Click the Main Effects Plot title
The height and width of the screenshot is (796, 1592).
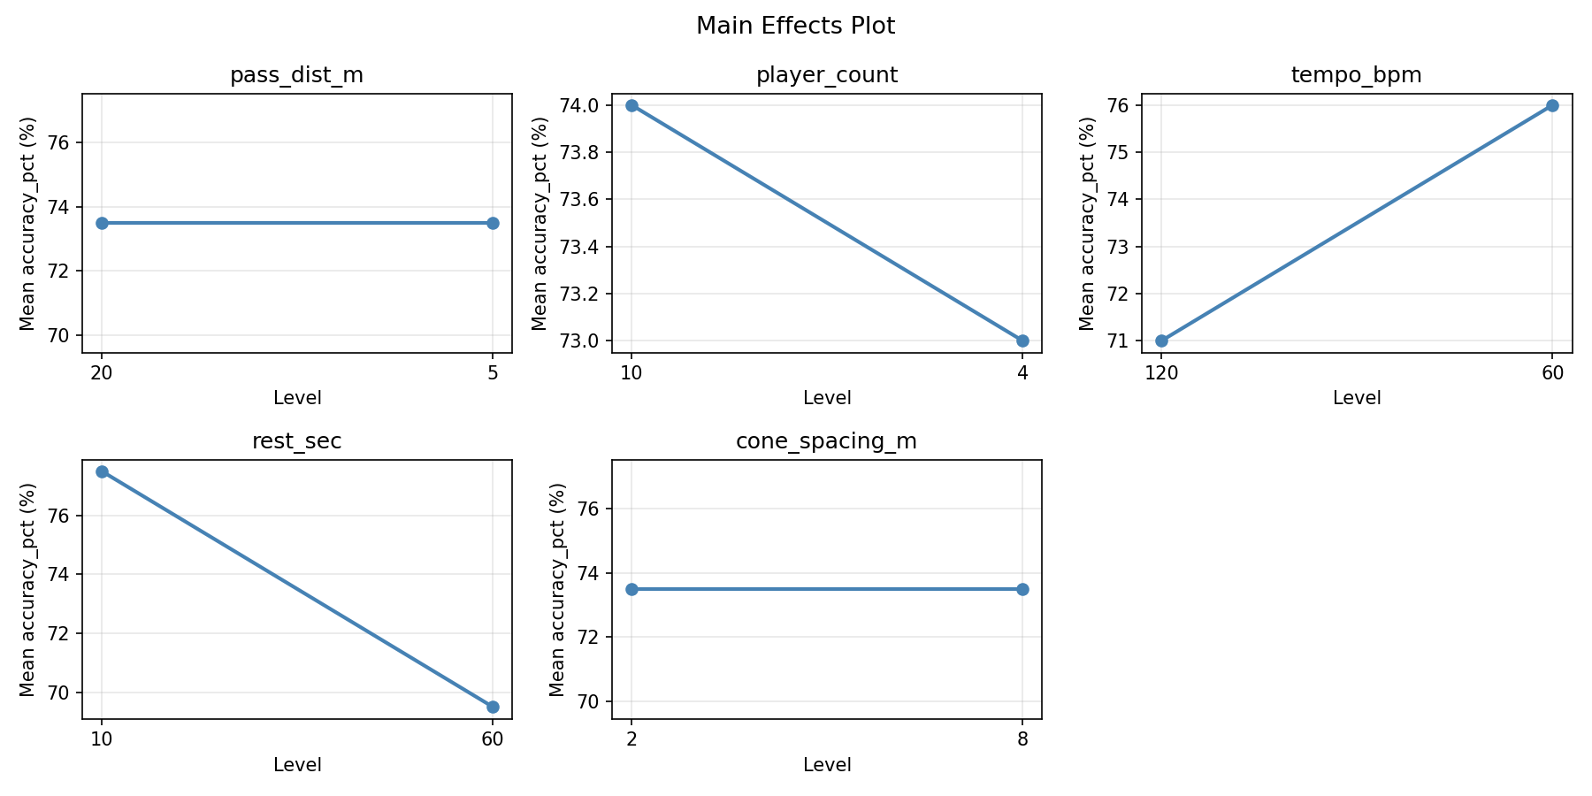coord(795,27)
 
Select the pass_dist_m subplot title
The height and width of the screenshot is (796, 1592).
coord(296,75)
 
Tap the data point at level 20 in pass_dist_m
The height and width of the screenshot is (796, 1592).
coord(102,223)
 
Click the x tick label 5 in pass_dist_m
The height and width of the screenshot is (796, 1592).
coord(493,373)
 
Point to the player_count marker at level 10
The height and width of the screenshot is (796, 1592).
coord(631,105)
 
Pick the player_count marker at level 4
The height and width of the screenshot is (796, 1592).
coord(1022,341)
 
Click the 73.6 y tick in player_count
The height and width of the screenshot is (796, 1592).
coord(578,200)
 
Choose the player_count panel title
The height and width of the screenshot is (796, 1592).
coord(827,75)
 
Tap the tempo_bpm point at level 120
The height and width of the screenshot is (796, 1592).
coord(1161,341)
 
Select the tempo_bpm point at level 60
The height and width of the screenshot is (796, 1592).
coord(1552,105)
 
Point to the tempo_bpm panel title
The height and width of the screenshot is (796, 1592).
coord(1357,75)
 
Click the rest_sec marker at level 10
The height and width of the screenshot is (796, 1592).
coord(102,471)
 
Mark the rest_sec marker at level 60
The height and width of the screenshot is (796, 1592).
coord(493,707)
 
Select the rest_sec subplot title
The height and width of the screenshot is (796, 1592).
coord(296,441)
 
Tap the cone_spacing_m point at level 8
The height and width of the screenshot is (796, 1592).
coord(1022,589)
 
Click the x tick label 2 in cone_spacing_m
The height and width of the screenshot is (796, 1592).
coord(631,739)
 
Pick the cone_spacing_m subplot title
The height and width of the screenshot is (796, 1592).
coord(827,441)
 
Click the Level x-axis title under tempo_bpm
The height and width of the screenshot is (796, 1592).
coord(1357,398)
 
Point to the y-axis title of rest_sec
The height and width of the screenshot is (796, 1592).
coord(27,589)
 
